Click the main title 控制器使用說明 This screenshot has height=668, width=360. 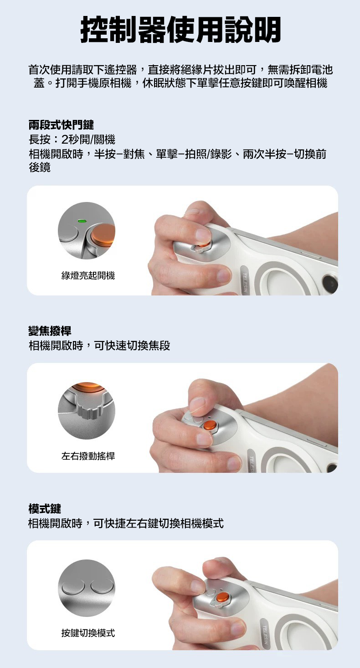click(x=180, y=30)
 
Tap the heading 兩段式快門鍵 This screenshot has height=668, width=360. click(x=61, y=124)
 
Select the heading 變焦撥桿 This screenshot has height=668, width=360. click(x=50, y=331)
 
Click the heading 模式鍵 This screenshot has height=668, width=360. click(x=45, y=508)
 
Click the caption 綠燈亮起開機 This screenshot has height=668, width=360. click(x=88, y=275)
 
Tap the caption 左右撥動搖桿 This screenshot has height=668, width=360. click(x=88, y=456)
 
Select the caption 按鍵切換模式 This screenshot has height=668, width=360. click(x=88, y=633)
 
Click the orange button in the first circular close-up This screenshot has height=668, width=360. click(x=103, y=233)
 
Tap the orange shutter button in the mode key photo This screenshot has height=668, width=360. click(x=223, y=596)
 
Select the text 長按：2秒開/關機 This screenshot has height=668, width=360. click(x=72, y=139)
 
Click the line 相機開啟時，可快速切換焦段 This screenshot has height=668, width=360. click(x=99, y=346)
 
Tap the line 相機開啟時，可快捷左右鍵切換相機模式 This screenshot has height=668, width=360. click(x=126, y=523)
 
